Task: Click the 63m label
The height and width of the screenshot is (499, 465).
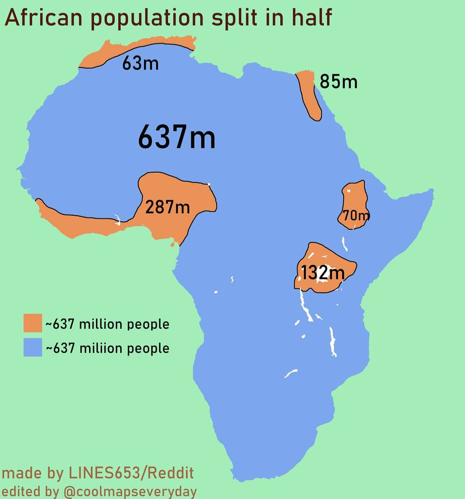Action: click(x=140, y=63)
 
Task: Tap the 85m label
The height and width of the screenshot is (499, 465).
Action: click(x=338, y=81)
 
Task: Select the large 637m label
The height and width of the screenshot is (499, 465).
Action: click(x=177, y=137)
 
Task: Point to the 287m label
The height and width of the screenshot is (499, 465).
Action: click(x=167, y=207)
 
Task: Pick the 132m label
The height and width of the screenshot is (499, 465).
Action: click(x=322, y=273)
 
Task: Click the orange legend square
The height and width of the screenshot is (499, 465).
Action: click(x=33, y=323)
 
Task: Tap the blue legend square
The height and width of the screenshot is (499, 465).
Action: click(x=33, y=347)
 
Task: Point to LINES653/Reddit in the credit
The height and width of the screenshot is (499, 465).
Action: click(x=131, y=473)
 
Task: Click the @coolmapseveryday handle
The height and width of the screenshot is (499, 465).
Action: click(x=130, y=491)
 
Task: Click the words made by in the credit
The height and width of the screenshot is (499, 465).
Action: click(x=33, y=473)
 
